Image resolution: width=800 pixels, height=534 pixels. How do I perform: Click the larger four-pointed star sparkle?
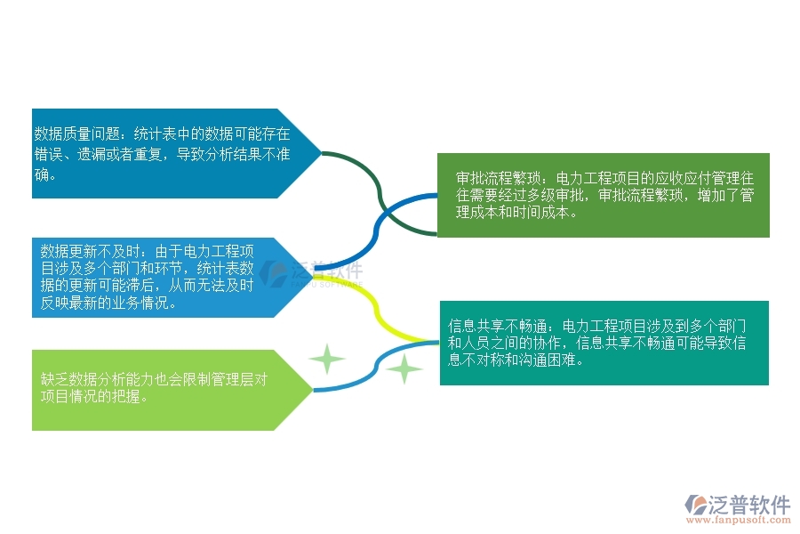[327, 360]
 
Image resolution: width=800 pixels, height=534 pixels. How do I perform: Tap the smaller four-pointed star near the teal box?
[405, 368]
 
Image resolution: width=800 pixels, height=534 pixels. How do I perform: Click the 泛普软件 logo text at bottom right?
[750, 505]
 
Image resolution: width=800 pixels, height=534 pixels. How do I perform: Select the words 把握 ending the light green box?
[129, 397]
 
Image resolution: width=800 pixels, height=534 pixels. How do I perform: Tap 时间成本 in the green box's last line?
[545, 213]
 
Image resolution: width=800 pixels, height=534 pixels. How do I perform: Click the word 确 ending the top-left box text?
[40, 174]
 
